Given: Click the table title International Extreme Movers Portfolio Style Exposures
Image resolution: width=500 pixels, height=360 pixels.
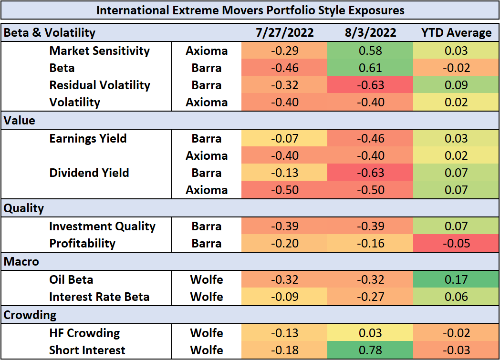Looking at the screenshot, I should point(250,10).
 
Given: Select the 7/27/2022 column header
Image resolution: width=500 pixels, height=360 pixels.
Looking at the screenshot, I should point(285,33).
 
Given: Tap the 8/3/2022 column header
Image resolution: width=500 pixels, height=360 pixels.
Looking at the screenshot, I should point(370,33).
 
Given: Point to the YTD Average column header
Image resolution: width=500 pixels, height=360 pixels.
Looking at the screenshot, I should point(456,33).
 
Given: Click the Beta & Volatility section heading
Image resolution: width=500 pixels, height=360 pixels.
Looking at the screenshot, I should point(50,33).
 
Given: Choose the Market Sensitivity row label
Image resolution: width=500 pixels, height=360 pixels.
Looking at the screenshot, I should point(99,51).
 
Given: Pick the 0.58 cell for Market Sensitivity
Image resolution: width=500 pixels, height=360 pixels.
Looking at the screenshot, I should point(370,51).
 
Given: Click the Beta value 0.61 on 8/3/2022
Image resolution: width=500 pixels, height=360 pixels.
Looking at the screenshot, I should point(370,68).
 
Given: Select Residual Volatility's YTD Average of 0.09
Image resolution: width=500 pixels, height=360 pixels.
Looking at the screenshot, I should point(456,85).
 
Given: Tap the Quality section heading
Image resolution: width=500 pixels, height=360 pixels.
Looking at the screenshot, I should point(24,208).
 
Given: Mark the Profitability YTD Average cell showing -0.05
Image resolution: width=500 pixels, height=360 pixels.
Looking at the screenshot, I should point(456,244).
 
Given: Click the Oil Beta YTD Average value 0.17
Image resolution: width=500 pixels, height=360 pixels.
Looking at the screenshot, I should point(456,280).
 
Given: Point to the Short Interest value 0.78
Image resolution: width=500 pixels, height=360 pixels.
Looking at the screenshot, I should point(370,350).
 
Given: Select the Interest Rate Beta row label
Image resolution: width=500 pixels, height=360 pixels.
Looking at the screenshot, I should point(99,297).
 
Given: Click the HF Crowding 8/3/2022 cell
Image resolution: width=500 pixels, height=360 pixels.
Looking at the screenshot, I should point(370,333).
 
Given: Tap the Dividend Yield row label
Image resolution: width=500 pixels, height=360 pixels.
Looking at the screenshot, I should point(89,173).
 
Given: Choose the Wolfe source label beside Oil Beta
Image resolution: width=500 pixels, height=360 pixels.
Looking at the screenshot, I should point(207,280).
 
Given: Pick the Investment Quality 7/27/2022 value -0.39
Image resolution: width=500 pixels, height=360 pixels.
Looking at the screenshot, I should point(285,226).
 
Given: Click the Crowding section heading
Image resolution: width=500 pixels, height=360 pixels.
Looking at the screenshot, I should point(30,315).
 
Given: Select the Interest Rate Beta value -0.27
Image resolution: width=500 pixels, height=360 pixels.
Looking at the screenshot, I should point(370,297).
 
